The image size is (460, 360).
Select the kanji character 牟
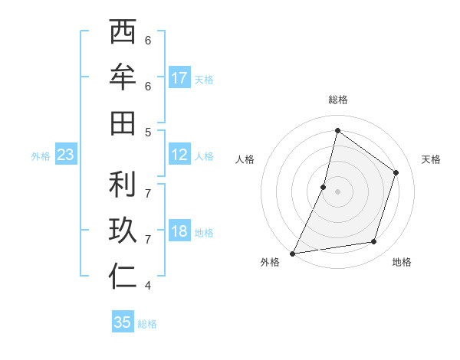point(123,77)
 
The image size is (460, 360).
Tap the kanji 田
point(123,123)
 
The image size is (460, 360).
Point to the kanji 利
point(123,184)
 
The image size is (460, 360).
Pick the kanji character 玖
point(123,231)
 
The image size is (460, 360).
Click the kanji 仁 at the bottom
point(123,277)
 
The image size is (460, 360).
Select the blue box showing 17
point(179,78)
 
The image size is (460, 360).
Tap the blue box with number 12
point(179,155)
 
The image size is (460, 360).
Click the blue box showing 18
point(179,232)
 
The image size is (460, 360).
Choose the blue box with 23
point(65,155)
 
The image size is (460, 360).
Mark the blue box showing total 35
point(123,322)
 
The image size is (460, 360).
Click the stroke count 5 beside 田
point(148,132)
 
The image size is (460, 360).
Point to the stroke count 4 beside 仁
point(148,286)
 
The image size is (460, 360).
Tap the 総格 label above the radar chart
point(337,100)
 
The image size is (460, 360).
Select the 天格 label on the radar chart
point(432,159)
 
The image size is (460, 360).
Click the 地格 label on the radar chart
point(402,262)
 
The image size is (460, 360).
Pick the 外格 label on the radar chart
point(270,262)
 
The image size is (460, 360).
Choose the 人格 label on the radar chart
point(245,159)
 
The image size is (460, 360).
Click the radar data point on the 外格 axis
point(292,253)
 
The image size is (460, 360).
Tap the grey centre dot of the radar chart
point(337,191)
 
